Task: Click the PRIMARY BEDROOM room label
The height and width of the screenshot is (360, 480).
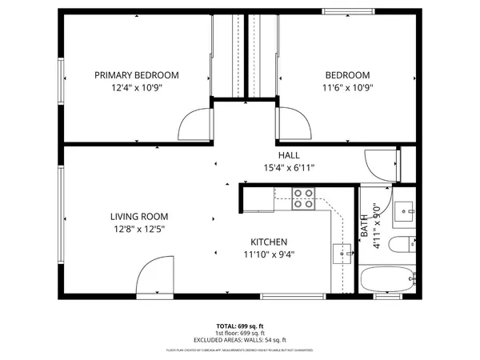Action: [137, 75]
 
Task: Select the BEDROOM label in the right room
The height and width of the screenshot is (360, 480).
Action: [347, 75]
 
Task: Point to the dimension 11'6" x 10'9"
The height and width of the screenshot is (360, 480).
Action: [347, 88]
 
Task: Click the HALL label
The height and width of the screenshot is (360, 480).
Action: [289, 155]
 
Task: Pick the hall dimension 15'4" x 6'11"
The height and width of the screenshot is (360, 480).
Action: [289, 168]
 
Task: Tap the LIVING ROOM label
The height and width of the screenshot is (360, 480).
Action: [137, 216]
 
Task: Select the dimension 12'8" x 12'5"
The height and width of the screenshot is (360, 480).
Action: [137, 229]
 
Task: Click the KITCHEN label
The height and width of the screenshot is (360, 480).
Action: [269, 242]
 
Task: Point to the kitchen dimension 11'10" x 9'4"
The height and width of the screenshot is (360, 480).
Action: [269, 254]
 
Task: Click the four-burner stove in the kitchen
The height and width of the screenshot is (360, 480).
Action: [303, 198]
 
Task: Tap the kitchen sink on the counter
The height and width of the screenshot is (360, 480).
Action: [342, 252]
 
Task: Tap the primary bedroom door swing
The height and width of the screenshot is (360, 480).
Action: [193, 124]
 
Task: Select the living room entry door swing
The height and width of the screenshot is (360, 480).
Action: [151, 282]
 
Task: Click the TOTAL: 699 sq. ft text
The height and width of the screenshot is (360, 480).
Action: [240, 326]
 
